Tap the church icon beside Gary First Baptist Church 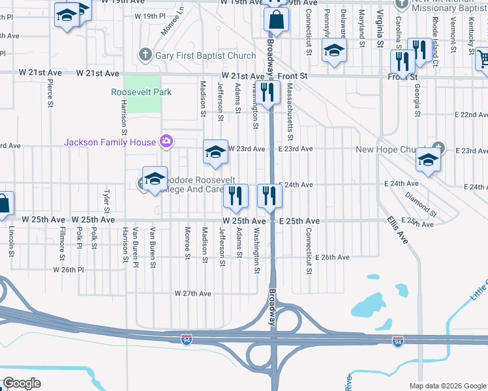[145, 55]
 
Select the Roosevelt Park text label [142, 92]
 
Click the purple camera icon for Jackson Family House [166, 141]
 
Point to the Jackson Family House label [110, 142]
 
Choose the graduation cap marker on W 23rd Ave [215, 152]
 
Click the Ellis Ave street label [397, 231]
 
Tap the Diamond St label [420, 203]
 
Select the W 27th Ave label [193, 294]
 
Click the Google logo [22, 383]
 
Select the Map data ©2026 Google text [447, 386]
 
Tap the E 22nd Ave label [470, 114]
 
